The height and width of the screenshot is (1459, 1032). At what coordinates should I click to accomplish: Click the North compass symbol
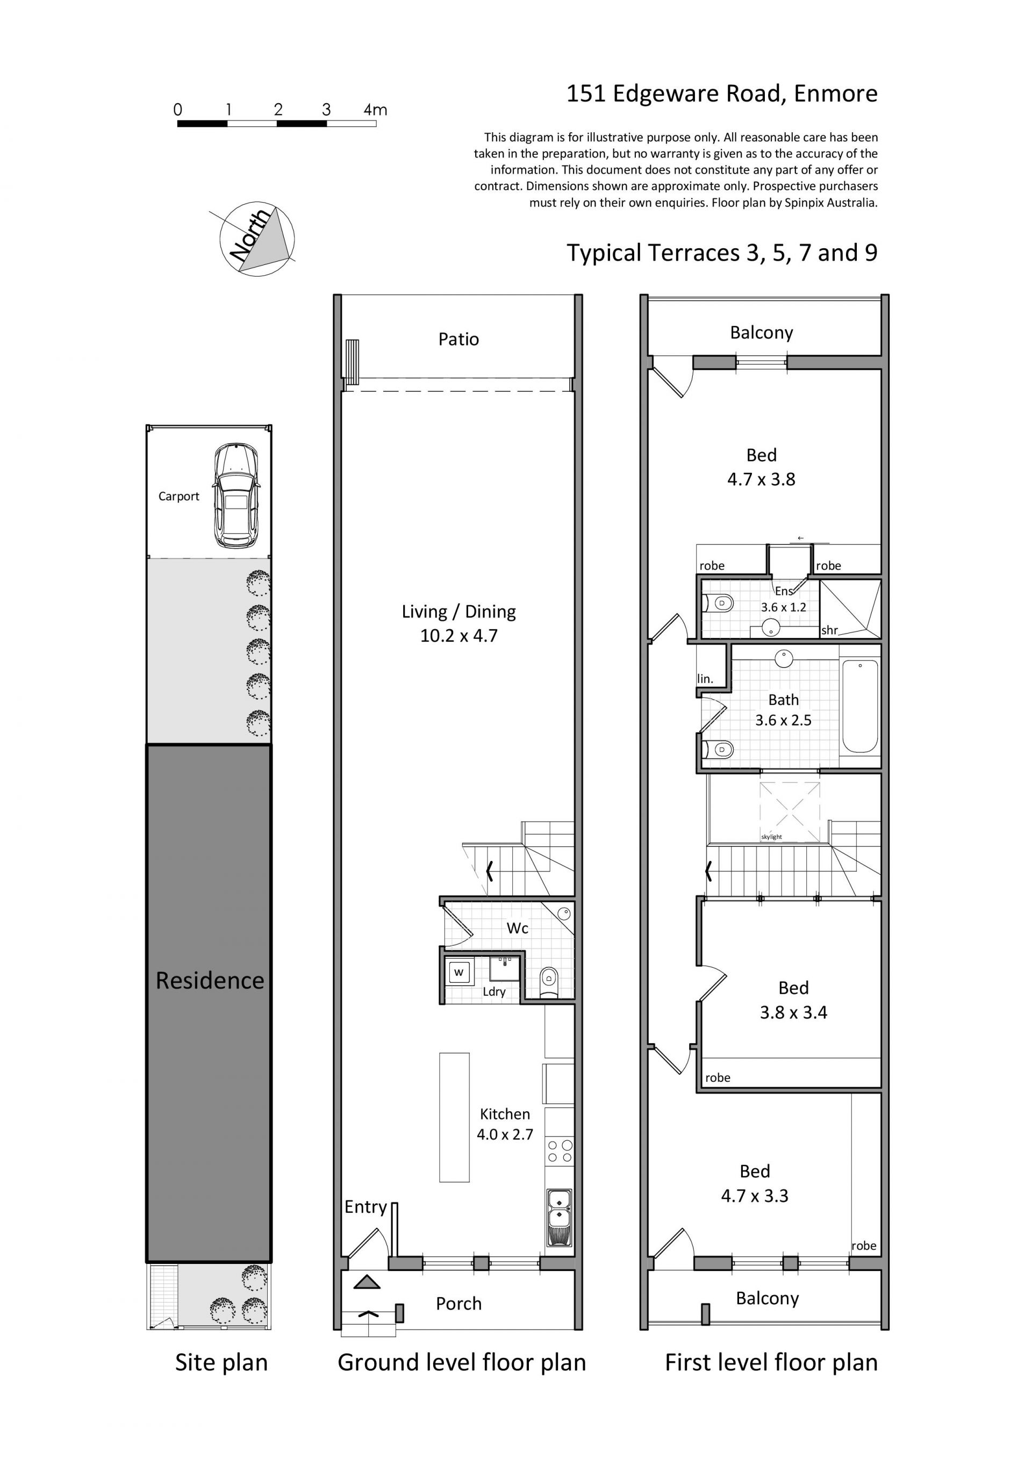257,238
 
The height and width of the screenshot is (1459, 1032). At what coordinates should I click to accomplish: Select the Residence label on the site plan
210,981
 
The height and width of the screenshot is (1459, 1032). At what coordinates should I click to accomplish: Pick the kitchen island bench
454,1117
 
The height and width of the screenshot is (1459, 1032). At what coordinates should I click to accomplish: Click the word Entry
365,1208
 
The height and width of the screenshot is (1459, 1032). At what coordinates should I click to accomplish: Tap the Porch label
459,1304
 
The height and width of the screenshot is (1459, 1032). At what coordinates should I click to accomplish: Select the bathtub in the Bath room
860,706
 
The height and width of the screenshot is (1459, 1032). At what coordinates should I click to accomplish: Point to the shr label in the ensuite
830,630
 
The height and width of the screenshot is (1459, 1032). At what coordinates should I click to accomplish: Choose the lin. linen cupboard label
705,679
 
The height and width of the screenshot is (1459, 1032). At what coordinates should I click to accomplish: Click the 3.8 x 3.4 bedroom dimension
794,1012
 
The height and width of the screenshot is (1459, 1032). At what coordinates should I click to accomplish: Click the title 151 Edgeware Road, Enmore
722,94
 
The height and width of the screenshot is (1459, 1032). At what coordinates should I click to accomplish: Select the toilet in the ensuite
719,602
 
